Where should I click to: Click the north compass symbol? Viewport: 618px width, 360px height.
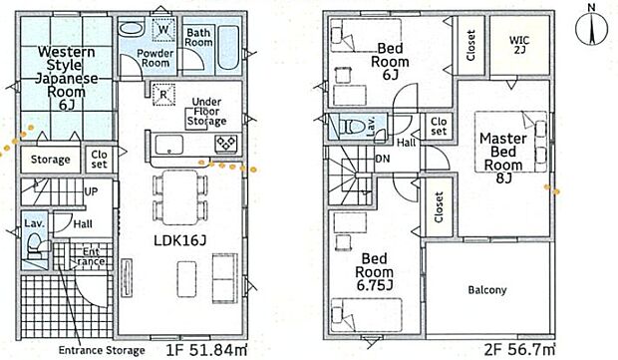pos(592,28)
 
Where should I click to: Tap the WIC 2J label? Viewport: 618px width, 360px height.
pos(519,45)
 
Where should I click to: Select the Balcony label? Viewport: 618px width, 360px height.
pos(487,290)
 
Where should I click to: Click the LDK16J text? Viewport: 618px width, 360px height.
pos(179,240)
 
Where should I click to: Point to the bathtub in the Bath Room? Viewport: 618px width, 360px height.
pos(228,47)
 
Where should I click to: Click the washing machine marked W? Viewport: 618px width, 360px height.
pos(163,29)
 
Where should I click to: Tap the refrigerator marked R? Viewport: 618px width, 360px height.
pos(163,95)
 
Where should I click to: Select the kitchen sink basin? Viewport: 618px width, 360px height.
pos(169,145)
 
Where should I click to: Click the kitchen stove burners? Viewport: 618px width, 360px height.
pos(226,143)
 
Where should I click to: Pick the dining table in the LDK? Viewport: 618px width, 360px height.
pos(180,197)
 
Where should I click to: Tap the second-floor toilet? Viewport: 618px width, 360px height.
pos(355,127)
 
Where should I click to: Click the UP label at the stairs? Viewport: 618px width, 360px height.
pos(91,192)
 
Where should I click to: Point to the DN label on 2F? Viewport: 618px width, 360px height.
pos(383,159)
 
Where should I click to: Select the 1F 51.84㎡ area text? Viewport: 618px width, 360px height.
pos(207,350)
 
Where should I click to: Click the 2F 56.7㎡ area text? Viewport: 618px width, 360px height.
pos(520,350)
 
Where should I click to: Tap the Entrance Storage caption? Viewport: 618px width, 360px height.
pos(102,350)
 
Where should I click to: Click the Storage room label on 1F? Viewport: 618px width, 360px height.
pos(51,160)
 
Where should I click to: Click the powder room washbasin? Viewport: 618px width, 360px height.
pos(131,28)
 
